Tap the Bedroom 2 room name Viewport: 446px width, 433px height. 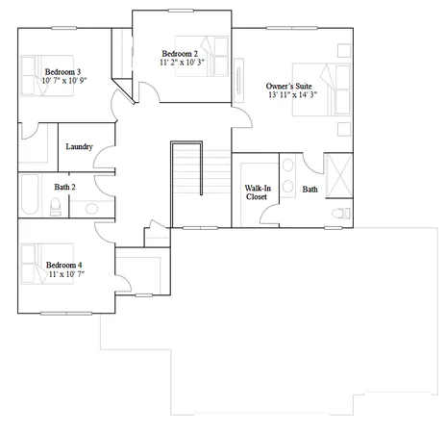click(180, 53)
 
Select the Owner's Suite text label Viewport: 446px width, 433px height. click(291, 86)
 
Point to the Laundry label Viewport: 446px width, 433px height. click(79, 146)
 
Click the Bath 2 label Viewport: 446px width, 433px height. click(64, 187)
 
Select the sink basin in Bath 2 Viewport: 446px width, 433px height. click(90, 207)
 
